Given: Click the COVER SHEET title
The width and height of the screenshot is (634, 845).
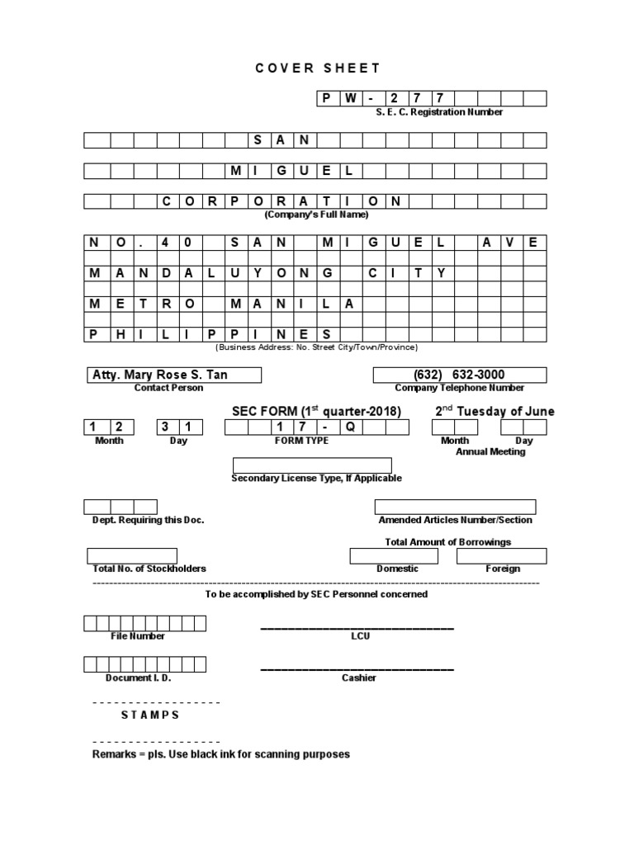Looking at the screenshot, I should tap(318, 68).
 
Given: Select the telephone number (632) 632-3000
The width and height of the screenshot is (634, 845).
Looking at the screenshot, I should tap(460, 375).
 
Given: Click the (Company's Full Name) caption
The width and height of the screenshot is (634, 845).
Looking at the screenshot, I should tap(316, 215).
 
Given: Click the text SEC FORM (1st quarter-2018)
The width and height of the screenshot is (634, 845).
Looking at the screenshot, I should tap(317, 412).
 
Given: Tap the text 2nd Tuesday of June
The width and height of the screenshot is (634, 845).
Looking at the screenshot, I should tap(494, 412).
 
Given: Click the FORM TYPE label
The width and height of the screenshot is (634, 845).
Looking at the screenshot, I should tap(301, 441).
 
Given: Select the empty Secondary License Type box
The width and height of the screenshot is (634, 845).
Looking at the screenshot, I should tap(312, 465).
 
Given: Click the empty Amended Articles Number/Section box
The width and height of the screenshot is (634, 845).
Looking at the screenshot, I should tap(455, 507).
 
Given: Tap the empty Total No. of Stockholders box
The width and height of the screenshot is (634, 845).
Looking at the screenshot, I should tap(131, 555).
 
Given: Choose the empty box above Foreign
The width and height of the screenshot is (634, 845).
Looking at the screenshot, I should tap(501, 555).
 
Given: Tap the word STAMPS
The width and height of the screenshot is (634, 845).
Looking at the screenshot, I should tap(149, 715).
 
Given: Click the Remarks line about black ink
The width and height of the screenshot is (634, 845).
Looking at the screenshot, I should tap(220, 754).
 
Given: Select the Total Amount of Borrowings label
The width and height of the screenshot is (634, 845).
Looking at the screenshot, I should tap(447, 542).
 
